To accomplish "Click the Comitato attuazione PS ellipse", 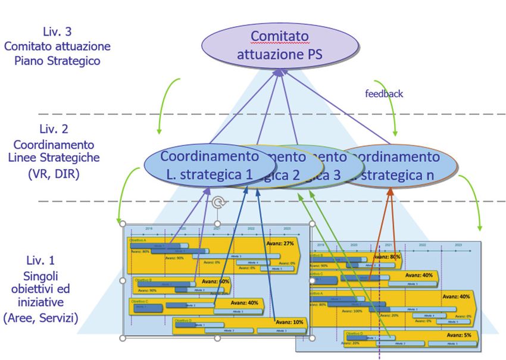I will tap(280, 46).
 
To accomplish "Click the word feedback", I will tap(384, 93).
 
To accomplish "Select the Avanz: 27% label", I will tap(281, 244).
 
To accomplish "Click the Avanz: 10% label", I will tap(289, 322).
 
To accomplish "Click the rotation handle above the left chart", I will tap(218, 204).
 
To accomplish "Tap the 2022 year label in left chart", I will tap(251, 228).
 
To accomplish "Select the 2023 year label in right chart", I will tap(458, 245).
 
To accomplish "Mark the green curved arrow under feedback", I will tap(390, 113).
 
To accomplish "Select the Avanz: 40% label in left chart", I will tap(245, 302).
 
